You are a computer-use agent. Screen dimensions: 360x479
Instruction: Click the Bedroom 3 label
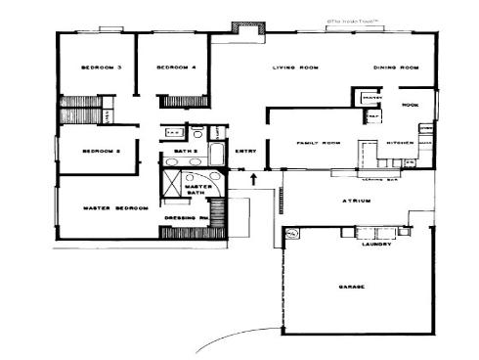coord(102,67)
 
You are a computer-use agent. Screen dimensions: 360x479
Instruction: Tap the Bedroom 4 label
coord(176,67)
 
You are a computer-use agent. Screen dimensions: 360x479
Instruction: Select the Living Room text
coord(295,67)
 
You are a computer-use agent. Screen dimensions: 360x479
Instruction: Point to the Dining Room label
coord(396,67)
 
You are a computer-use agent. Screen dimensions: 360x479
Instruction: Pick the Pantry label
coord(371,99)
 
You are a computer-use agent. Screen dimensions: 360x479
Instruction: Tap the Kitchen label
coord(402,143)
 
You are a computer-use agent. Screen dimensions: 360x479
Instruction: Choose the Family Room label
coord(318,143)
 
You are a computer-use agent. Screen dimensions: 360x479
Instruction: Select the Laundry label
coord(377,244)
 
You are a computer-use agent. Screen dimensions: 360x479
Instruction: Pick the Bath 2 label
coord(186,152)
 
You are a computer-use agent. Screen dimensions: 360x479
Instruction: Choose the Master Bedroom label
coord(115,207)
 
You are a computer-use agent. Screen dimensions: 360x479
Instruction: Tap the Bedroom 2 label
coord(100,152)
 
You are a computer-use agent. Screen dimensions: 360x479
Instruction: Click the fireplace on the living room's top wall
coord(241,30)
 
